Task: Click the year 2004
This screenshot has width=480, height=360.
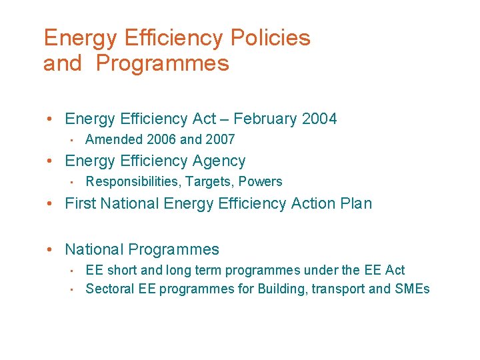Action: (319, 119)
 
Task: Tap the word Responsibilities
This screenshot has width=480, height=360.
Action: (133, 181)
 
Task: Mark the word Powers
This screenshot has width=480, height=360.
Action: (261, 181)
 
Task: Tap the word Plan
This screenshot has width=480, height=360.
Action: (357, 203)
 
